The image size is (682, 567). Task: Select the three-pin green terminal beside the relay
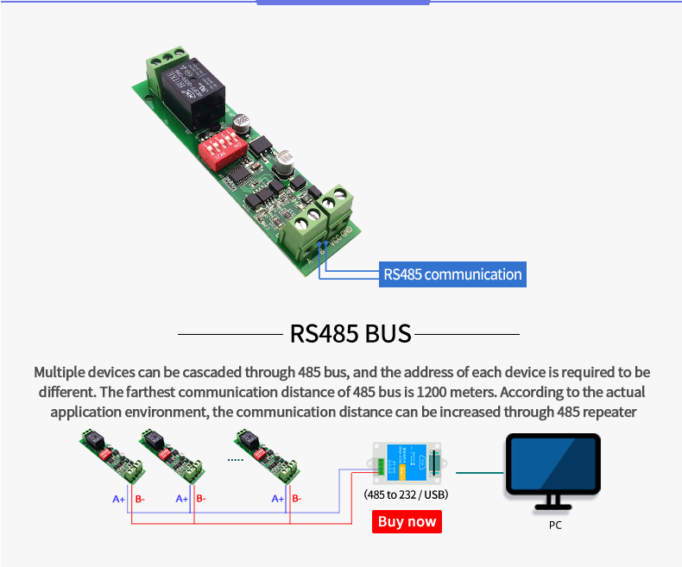[x=166, y=62]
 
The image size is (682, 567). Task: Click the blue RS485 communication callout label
[x=452, y=274]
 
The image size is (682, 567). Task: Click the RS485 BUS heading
[x=350, y=333]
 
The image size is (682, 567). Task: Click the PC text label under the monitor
[x=554, y=525]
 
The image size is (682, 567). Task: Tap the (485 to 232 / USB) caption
[x=406, y=495]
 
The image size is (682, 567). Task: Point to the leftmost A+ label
[x=119, y=499]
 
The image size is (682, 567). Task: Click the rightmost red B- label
[x=296, y=499]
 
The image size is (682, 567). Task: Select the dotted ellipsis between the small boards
[x=235, y=460]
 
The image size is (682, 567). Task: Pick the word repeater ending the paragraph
[x=608, y=412]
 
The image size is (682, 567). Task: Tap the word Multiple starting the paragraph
[x=63, y=372]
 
